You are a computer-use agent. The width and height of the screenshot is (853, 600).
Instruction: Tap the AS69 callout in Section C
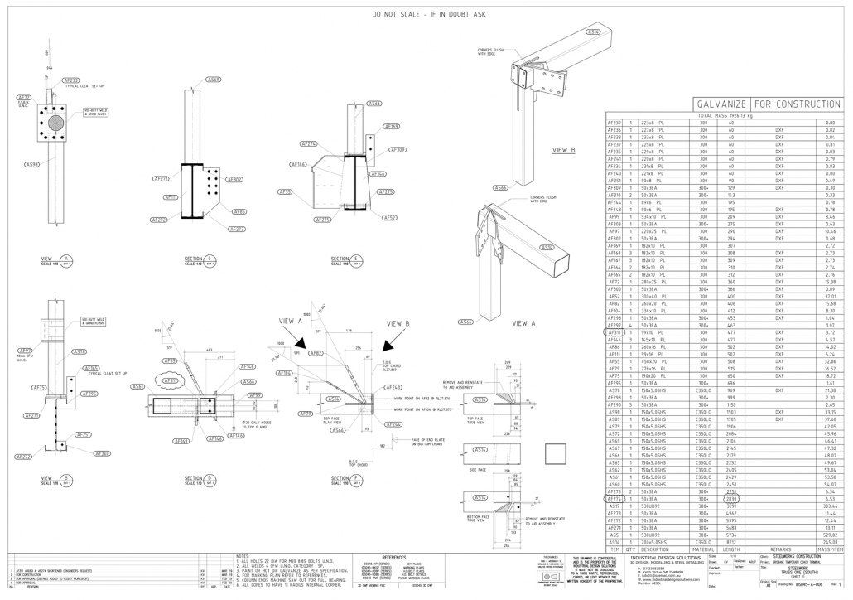[x=213, y=80]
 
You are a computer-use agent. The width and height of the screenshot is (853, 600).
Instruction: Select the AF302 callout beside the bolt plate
[x=234, y=179]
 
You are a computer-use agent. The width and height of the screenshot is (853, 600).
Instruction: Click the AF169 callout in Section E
[x=392, y=127]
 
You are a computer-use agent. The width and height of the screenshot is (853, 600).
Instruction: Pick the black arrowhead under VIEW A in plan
[x=300, y=341]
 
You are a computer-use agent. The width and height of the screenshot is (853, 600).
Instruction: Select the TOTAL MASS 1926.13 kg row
[x=725, y=115]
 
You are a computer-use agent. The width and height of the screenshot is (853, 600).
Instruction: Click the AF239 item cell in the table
[x=614, y=123]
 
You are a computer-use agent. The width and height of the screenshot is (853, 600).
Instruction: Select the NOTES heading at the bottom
[x=243, y=556]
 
